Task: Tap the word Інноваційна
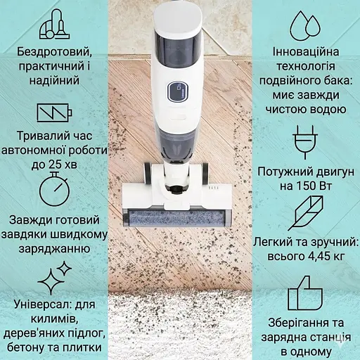[308, 52]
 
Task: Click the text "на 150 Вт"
[308, 186]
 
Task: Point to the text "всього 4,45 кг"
[308, 256]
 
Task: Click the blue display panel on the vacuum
[175, 91]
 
